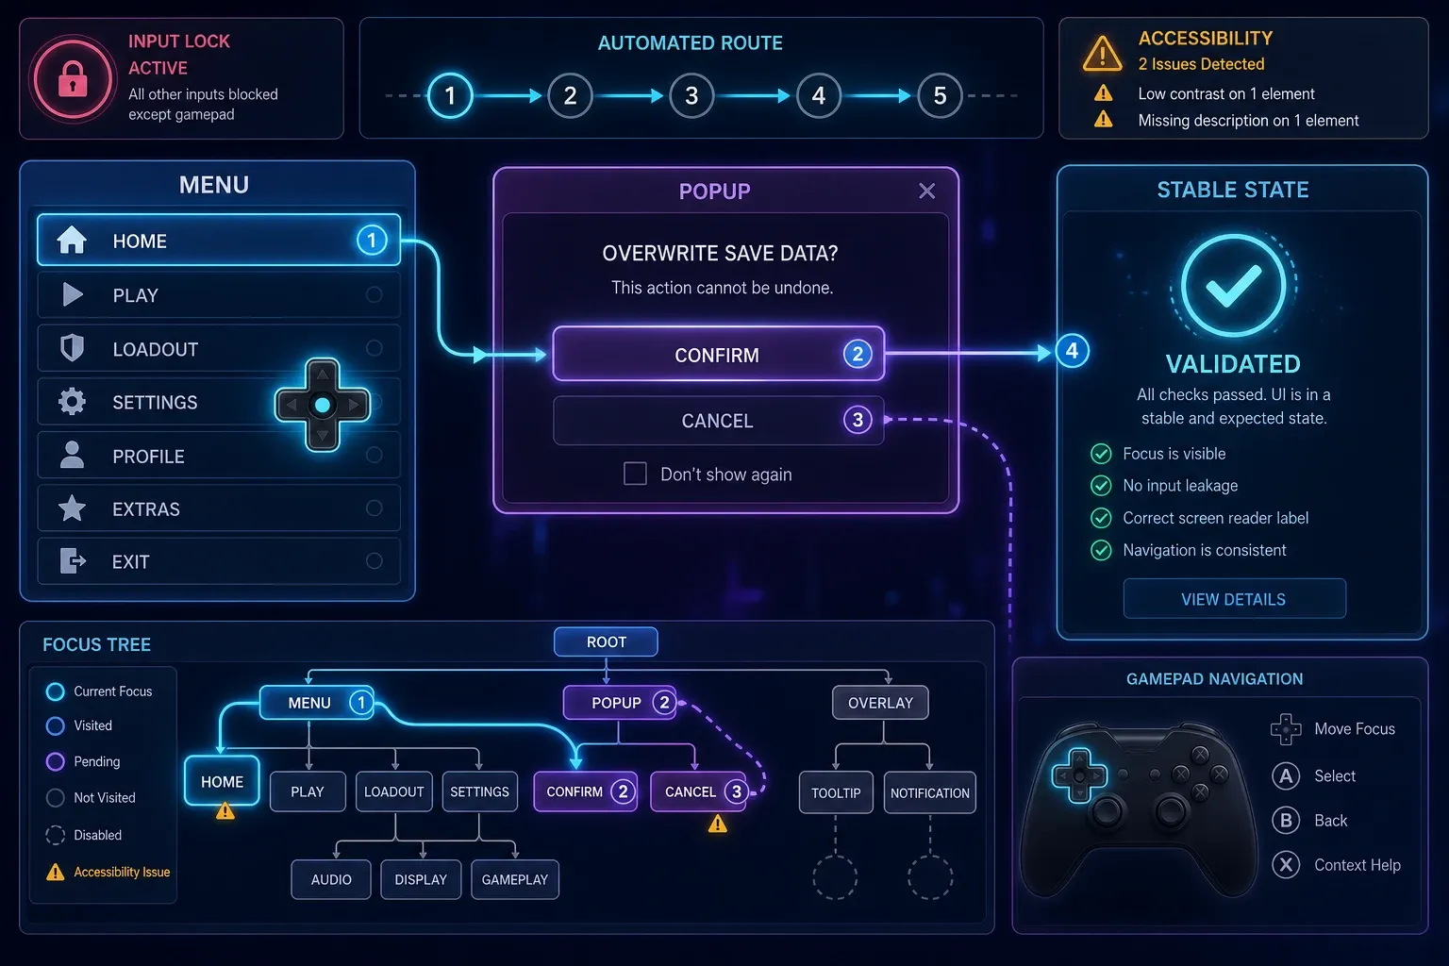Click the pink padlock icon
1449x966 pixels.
pyautogui.click(x=73, y=79)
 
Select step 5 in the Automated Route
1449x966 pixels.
pyautogui.click(x=940, y=96)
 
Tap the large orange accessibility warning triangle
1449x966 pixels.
pyautogui.click(x=1102, y=53)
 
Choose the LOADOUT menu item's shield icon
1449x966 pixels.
pyautogui.click(x=72, y=348)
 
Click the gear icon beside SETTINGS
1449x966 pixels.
pyautogui.click(x=72, y=402)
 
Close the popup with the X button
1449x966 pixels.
pyautogui.click(x=927, y=191)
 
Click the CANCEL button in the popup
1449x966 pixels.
pyautogui.click(x=718, y=421)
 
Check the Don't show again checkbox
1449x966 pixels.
pyautogui.click(x=635, y=474)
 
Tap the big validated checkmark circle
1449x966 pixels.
pyautogui.click(x=1233, y=285)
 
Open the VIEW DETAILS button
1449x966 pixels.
pyautogui.click(x=1234, y=599)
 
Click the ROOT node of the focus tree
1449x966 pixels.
pyautogui.click(x=606, y=641)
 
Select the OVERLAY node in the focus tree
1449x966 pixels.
pyautogui.click(x=880, y=703)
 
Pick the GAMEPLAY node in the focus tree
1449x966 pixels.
pyautogui.click(x=515, y=879)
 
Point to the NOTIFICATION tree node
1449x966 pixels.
pyautogui.click(x=929, y=792)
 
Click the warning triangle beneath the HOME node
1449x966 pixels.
pyautogui.click(x=225, y=810)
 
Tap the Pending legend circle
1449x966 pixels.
pyautogui.click(x=56, y=761)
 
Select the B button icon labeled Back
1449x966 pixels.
pyautogui.click(x=1286, y=821)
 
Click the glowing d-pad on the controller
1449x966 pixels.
pyautogui.click(x=1079, y=775)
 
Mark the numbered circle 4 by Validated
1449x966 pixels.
pyautogui.click(x=1072, y=351)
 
